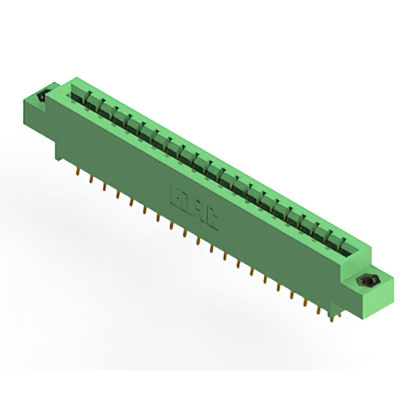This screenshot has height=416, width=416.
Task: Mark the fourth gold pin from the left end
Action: pos(118,194)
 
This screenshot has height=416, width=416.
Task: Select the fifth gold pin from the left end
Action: pos(131,201)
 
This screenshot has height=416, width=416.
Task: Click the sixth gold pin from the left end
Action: pos(144,209)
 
